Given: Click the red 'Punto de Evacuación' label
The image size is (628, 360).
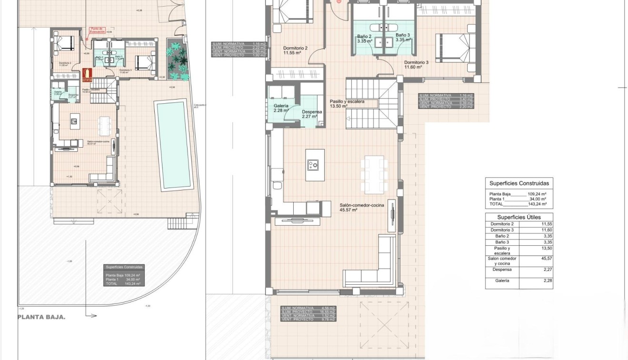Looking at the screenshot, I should [98, 30].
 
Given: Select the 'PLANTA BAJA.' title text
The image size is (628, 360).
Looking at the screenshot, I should [42, 317].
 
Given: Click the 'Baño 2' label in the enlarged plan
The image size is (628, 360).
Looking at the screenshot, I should [364, 38].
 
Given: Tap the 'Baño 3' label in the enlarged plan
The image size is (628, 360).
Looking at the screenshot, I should [402, 38].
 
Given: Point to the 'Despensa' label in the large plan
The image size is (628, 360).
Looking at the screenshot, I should [312, 113].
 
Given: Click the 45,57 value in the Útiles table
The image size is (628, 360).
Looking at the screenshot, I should [539, 258].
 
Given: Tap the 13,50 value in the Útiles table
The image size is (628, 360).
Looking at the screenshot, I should [539, 248].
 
